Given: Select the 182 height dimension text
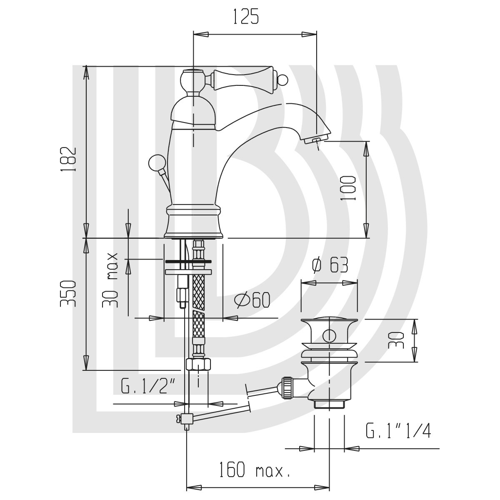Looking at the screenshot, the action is point(68,159).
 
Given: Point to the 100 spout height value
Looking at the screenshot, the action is point(347,188).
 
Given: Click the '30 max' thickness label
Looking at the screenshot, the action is point(110,280).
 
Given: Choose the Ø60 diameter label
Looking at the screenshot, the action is point(252,300).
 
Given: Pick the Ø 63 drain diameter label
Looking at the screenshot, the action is point(330,266).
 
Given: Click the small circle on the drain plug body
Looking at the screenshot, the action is point(329,336).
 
